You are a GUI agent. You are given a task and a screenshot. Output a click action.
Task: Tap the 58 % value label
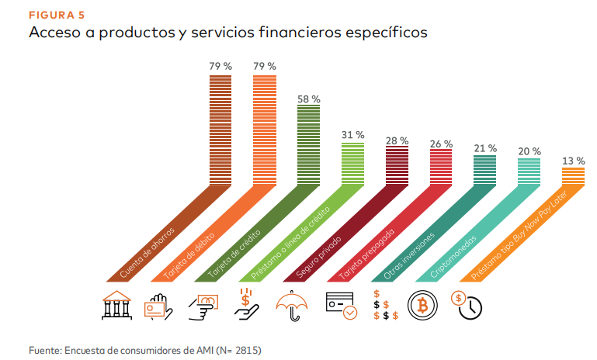coord(308,99)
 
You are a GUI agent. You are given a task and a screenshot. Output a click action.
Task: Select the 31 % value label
coord(352,135)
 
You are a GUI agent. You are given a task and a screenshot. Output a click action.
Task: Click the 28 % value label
coord(397,140)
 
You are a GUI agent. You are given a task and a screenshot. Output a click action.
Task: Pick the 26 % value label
coord(441,144)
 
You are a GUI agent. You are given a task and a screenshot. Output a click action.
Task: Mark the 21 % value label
coord(485,148)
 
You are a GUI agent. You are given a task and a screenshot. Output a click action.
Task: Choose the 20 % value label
coord(529,151)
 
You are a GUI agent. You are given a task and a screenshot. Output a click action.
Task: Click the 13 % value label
coord(574,161)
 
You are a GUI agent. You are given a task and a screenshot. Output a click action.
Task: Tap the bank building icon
coord(116,305)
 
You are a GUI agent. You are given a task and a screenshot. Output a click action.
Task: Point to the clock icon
coord(469,305)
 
